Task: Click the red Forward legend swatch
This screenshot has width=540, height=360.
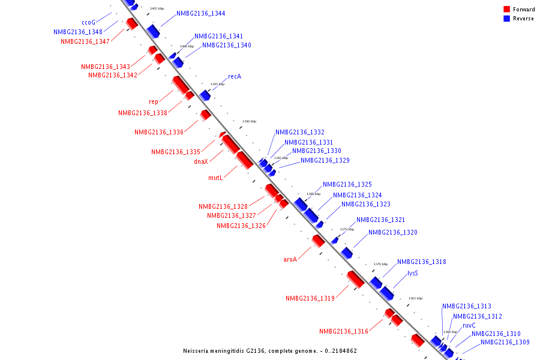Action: [506, 10]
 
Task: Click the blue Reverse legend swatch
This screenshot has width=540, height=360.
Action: [506, 19]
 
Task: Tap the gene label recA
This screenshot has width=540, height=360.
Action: [234, 77]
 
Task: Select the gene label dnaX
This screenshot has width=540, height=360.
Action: [200, 161]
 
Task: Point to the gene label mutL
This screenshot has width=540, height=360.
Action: [215, 178]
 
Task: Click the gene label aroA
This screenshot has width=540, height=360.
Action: [290, 260]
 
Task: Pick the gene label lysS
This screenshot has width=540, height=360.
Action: [412, 273]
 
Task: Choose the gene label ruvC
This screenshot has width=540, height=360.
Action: [469, 325]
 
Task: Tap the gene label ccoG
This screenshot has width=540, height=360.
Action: [89, 22]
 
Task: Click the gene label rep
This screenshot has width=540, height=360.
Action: [154, 102]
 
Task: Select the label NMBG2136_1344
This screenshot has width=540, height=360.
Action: [201, 13]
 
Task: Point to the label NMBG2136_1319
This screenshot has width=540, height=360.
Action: [310, 298]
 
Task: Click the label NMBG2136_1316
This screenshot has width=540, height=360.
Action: [344, 331]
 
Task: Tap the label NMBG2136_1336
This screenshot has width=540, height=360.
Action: [159, 132]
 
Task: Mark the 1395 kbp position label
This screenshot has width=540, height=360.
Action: [217, 84]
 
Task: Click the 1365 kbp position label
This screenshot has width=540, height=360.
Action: [415, 298]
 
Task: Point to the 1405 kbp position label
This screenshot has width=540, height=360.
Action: [157, 9]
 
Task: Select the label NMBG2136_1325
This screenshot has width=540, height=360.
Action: [347, 185]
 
